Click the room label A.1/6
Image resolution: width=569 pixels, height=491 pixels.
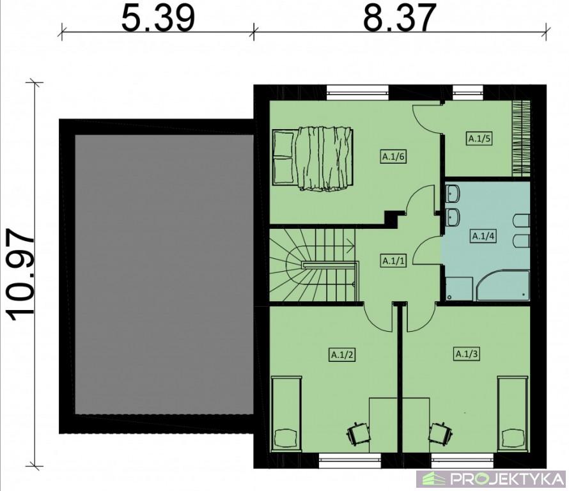coord(393,157)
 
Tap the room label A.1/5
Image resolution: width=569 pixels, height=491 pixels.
coord(479,138)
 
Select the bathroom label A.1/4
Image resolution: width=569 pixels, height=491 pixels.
coord(484,237)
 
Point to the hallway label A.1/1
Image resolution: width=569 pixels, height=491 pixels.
coord(393,261)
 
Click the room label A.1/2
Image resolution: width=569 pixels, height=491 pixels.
coord(342,355)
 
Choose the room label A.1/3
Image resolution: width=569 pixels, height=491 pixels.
coord(467,354)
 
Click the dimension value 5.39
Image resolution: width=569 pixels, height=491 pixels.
coord(158,17)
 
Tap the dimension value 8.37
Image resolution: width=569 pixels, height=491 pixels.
coord(399,17)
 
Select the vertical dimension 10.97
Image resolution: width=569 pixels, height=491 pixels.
coord(21,275)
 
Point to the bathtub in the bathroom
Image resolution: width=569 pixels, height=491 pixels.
coord(503,285)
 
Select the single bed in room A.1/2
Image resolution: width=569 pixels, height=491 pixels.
coord(286,414)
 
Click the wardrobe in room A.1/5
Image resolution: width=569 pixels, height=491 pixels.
coord(521,138)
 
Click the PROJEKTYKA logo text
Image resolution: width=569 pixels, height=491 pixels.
coord(507,479)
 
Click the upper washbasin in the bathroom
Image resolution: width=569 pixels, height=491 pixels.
coord(453,193)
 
